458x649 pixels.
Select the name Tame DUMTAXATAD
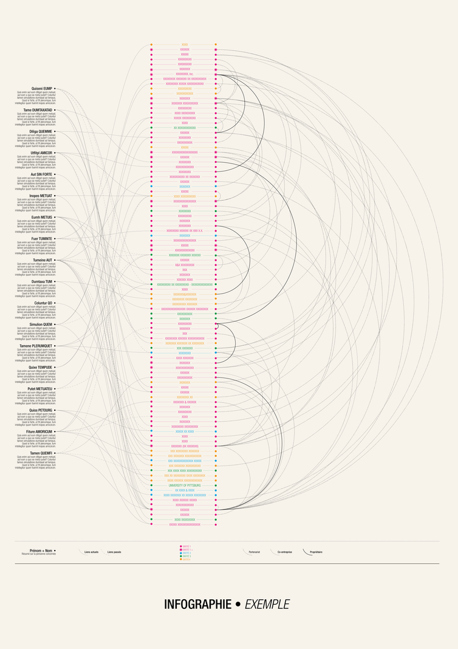(x=38, y=110)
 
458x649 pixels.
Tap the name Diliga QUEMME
(x=41, y=131)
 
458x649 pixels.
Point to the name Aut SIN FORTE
(x=41, y=174)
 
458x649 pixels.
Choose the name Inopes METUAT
(x=40, y=196)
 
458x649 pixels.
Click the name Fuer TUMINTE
(x=41, y=239)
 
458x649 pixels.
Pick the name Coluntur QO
(x=43, y=303)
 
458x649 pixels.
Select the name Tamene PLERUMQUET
(x=36, y=346)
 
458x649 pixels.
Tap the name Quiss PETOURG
(x=41, y=410)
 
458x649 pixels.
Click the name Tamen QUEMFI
(x=41, y=453)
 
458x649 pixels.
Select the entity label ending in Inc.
(x=185, y=74)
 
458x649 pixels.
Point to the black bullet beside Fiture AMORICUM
(x=55, y=431)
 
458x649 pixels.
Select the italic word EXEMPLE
(x=267, y=605)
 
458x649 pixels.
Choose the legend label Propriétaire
(x=316, y=552)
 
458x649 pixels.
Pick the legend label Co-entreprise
(x=284, y=552)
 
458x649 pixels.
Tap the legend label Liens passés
(x=114, y=552)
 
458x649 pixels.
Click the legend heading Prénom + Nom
(x=41, y=551)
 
